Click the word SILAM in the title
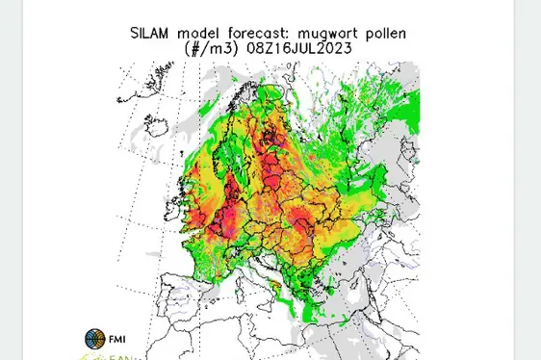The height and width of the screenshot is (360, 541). click(x=151, y=33)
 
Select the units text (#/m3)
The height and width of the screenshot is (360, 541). click(x=211, y=48)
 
